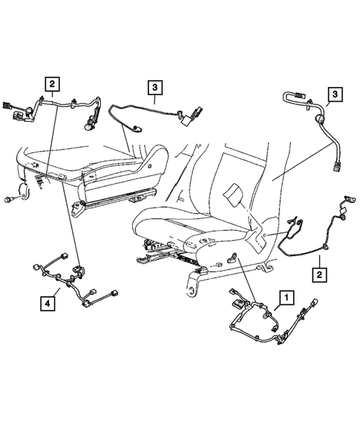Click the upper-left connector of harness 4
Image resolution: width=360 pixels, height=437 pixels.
(x=39, y=266)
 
